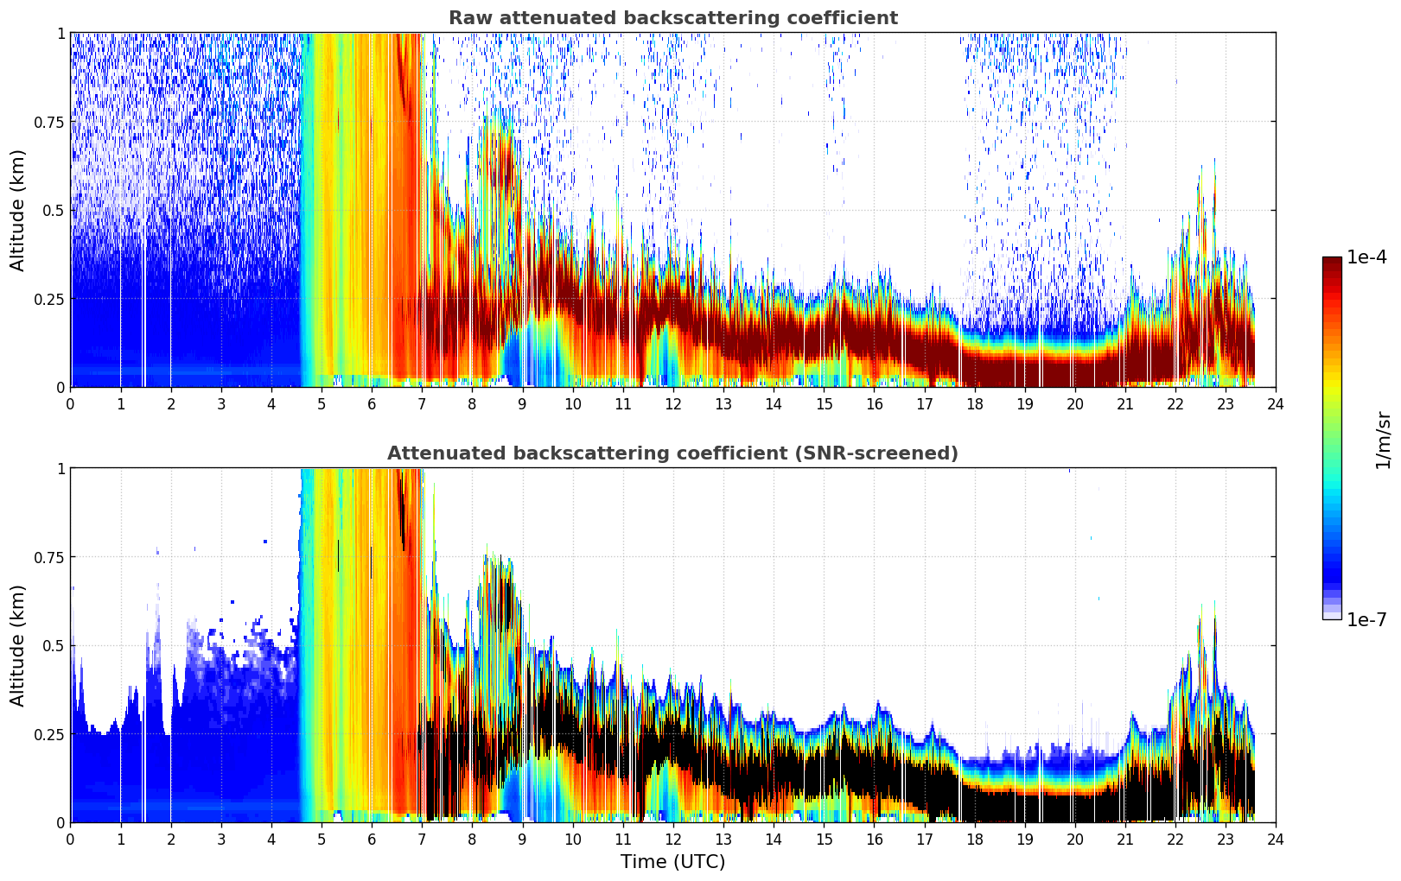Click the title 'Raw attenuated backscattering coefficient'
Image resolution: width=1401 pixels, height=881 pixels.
coord(673,17)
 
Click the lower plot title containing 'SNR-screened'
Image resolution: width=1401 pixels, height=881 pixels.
coord(673,453)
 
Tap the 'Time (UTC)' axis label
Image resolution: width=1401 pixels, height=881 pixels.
coord(673,862)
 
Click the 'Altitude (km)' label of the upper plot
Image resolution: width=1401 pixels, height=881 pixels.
coord(17,211)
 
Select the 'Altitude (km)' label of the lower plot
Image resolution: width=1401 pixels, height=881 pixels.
coord(17,646)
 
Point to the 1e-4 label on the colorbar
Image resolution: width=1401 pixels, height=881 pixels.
coord(1366,257)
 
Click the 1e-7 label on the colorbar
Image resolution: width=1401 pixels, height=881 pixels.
coord(1366,620)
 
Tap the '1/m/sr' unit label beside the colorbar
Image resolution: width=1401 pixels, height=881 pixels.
coord(1383,440)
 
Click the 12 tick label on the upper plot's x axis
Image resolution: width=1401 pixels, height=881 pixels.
coord(673,404)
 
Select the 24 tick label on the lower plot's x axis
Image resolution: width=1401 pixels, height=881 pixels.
coord(1276,840)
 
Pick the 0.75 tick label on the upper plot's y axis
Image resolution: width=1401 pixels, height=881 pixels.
coord(48,122)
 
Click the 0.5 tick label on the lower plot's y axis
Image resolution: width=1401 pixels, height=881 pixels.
coord(53,645)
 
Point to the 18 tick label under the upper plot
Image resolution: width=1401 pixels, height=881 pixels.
coord(974,404)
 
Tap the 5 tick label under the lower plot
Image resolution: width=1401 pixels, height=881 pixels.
coord(322,840)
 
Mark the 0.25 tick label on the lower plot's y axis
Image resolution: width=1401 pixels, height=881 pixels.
coord(48,734)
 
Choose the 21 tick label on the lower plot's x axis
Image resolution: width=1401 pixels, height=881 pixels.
coord(1125,840)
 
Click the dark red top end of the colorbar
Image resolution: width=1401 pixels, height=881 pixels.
coord(1332,260)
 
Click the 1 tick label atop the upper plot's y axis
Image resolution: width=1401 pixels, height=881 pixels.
coord(61,33)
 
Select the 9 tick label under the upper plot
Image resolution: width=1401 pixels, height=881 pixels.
coord(522,404)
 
